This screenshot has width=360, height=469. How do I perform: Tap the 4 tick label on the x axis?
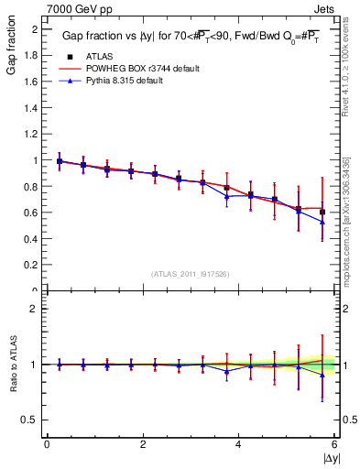(x=239, y=444)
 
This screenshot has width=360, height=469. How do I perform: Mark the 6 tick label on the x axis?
(x=334, y=444)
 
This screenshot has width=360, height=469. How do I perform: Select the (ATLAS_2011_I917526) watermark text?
(x=191, y=274)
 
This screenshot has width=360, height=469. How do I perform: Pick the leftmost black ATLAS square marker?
(x=60, y=161)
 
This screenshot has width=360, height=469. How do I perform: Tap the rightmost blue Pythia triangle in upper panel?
(x=322, y=223)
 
